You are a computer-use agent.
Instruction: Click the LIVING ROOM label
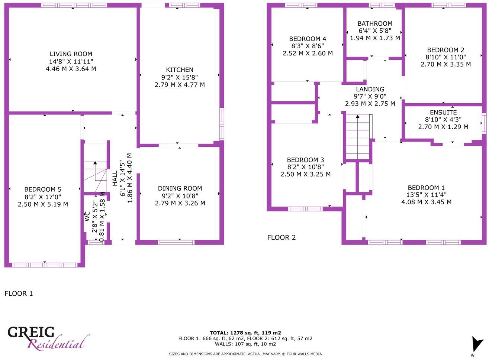pos(71,54)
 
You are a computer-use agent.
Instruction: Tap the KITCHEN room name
pos(180,70)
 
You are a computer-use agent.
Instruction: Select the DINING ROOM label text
pos(180,188)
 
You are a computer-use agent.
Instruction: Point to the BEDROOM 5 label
pos(43,189)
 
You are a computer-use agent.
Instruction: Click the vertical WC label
pos(86,216)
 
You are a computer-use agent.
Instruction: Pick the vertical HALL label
pos(115,178)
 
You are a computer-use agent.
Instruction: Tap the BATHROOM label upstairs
pos(375,24)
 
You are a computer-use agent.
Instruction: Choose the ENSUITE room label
pos(443,113)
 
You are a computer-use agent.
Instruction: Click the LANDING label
pos(370,89)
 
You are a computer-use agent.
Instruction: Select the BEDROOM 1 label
pos(426,188)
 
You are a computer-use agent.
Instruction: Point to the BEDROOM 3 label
pos(305,160)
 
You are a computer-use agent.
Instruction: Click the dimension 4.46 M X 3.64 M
pos(71,69)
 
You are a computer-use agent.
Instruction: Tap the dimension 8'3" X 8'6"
pos(308,46)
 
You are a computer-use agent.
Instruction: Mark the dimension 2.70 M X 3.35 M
pos(445,64)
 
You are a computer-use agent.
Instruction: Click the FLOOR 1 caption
pos(19,293)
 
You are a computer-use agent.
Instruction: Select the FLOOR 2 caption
pos(282,237)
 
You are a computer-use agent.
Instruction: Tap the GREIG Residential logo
pos(48,338)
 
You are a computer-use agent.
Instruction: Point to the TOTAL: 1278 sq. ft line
pos(245,333)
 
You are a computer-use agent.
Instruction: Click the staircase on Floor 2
pos(358,137)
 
